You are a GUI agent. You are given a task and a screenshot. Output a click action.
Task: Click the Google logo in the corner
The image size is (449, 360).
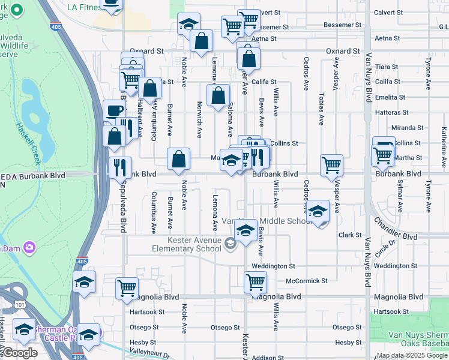point(19,353)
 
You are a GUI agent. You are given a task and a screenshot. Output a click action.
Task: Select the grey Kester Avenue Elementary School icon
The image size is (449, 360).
point(231,243)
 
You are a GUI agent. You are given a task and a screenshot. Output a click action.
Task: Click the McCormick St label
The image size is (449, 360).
point(307,281)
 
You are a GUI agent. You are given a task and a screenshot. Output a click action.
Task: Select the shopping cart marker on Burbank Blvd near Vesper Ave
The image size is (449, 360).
point(331,165)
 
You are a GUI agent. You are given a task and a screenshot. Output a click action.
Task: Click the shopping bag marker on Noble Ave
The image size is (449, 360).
point(178,160)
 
